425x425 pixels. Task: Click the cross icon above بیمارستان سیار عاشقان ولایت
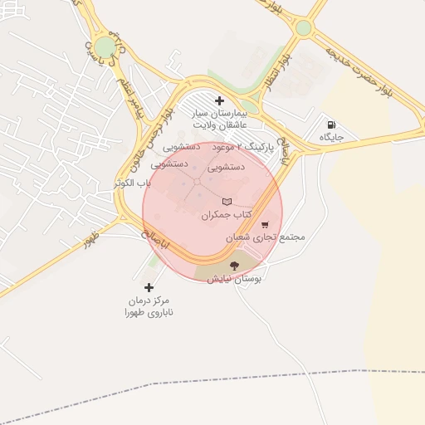[219, 100]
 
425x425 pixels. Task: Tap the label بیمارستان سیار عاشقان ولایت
[220, 118]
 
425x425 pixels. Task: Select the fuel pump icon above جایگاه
[331, 125]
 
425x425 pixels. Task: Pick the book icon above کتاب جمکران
[227, 202]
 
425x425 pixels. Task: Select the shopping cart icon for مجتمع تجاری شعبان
[264, 224]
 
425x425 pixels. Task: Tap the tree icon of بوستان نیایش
[233, 266]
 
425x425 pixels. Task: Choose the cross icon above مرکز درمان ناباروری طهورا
[149, 287]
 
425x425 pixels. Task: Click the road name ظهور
[90, 242]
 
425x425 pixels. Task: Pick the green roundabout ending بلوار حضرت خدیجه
[304, 27]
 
